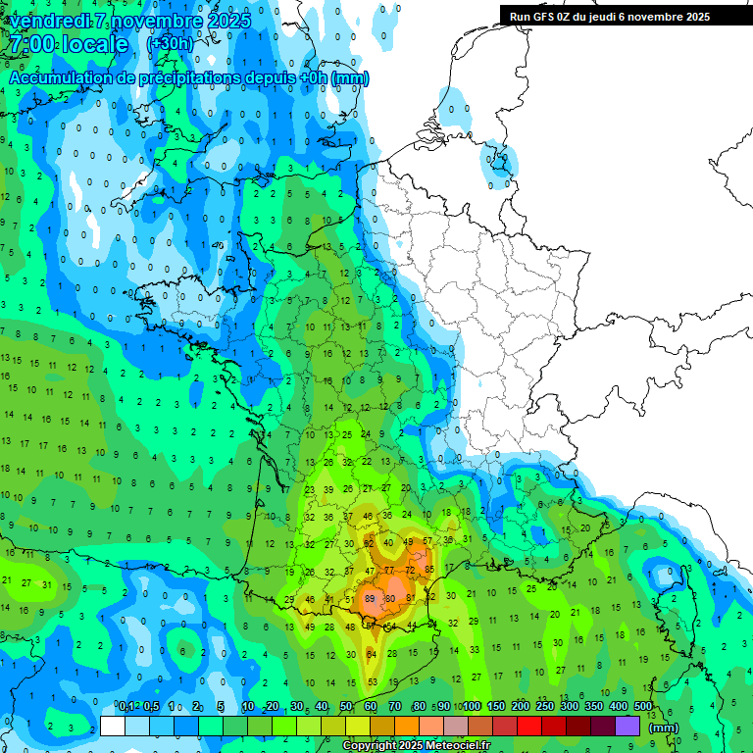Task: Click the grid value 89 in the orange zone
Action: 370,598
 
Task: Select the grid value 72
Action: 410,570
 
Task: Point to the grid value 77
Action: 389,570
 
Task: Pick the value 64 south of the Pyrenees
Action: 371,654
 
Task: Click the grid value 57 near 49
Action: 427,541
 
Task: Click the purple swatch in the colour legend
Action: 627,726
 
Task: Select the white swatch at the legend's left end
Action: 113,726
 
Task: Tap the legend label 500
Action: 643,706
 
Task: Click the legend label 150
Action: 496,706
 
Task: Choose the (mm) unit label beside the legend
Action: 664,728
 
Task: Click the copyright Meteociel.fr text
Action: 416,746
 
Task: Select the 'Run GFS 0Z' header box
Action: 610,17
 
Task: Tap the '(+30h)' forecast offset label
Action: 170,44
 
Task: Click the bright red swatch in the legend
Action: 529,726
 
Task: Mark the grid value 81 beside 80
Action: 410,598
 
